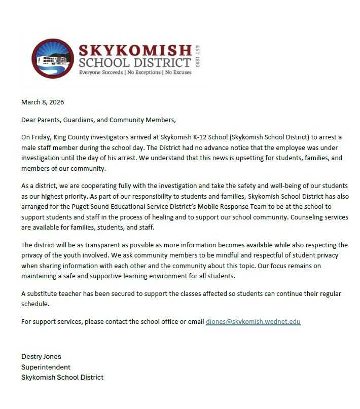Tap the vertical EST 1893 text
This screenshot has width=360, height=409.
(x=198, y=57)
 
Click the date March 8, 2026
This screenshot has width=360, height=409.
(x=43, y=102)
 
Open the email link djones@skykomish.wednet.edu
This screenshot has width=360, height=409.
(x=253, y=321)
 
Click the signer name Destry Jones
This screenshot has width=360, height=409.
(x=41, y=356)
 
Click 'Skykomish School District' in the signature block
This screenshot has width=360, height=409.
(x=62, y=378)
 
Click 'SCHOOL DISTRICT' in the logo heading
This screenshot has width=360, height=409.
(x=134, y=63)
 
